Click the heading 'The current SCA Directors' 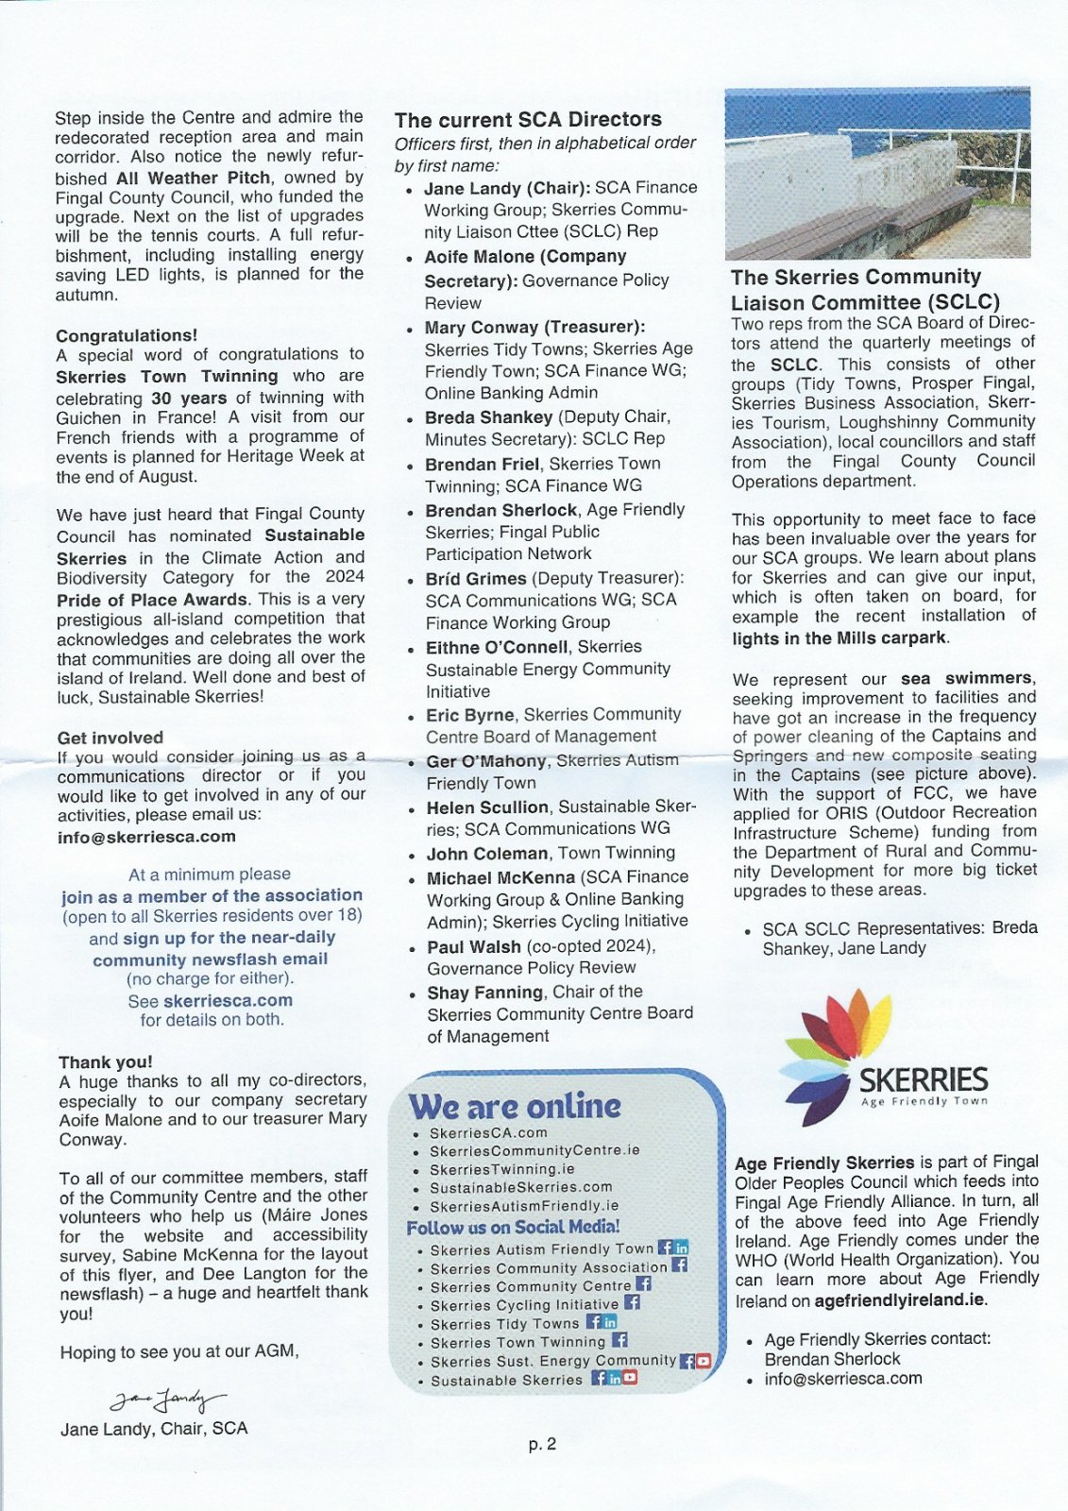(528, 120)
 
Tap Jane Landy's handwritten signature (168, 1399)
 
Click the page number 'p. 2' (542, 1444)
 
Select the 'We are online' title (515, 1106)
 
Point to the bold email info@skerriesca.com (146, 837)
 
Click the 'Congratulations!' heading (127, 335)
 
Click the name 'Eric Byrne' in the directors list (469, 715)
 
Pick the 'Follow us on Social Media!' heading (513, 1228)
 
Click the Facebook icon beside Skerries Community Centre (644, 1284)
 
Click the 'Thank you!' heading (105, 1062)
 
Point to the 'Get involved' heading (110, 738)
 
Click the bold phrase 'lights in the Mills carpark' (839, 638)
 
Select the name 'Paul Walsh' (473, 946)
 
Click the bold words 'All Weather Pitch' (193, 178)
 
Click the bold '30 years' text (189, 398)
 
